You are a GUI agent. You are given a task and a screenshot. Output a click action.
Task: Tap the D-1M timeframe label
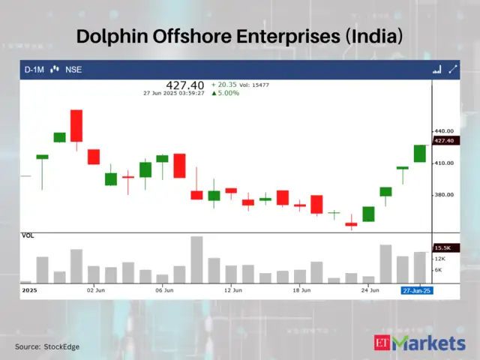coord(34,70)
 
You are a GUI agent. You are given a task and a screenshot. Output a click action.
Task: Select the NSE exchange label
coord(73,70)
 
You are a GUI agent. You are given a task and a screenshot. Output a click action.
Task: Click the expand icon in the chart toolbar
coord(452,70)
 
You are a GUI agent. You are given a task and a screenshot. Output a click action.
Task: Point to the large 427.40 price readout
coord(181,85)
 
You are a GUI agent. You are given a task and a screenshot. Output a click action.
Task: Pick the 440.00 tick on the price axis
coord(445,131)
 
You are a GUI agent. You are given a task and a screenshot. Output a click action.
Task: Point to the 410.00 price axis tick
coord(445,163)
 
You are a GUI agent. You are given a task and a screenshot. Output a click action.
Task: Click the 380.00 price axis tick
coord(445,195)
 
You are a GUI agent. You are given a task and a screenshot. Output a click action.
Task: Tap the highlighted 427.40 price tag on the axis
coord(445,140)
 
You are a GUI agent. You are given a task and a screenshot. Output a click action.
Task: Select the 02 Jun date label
coord(95,289)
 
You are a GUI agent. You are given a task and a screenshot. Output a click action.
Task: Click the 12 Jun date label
coord(232,289)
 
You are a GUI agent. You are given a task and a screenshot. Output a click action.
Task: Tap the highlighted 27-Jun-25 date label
coord(415,289)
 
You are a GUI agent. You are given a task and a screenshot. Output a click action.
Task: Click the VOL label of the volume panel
coord(28,235)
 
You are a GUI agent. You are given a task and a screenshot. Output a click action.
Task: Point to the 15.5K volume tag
coord(442,247)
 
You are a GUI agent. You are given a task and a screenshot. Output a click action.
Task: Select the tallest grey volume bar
coord(197,259)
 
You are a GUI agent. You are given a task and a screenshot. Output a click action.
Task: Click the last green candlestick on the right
coord(420,153)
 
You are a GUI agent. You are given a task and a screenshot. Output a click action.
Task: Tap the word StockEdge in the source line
coord(61,346)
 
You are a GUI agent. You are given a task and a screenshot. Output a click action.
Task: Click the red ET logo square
coord(383,343)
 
